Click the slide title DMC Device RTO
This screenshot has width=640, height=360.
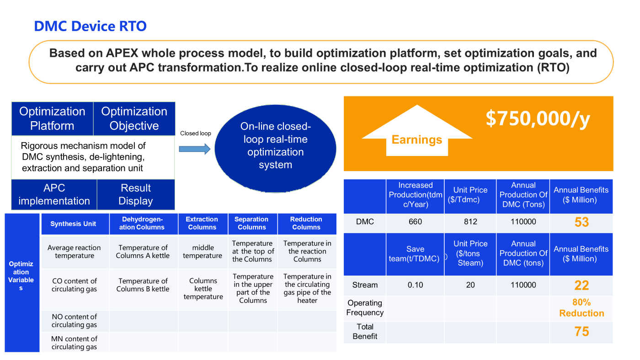tap(91, 26)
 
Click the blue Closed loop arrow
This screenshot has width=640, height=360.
tap(195, 149)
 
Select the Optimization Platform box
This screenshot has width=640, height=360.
tap(52, 118)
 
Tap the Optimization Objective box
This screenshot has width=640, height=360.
tap(134, 118)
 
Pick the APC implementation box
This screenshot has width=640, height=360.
tap(54, 194)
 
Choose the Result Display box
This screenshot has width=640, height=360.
tap(136, 194)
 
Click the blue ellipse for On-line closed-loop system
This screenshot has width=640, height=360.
tap(275, 148)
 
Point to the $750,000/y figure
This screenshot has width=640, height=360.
tap(538, 118)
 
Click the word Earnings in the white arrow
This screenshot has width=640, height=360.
tap(417, 140)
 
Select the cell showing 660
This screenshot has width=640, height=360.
tap(415, 221)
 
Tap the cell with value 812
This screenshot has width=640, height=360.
tap(470, 221)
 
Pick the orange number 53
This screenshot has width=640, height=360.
tap(581, 222)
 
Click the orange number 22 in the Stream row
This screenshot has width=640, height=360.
tap(581, 285)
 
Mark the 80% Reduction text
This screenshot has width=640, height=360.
tap(581, 308)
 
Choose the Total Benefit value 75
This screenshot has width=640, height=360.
tap(581, 332)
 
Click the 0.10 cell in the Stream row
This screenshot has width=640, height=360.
tap(415, 285)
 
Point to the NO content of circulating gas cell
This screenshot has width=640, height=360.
tap(74, 321)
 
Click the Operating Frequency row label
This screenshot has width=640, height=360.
tap(365, 308)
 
